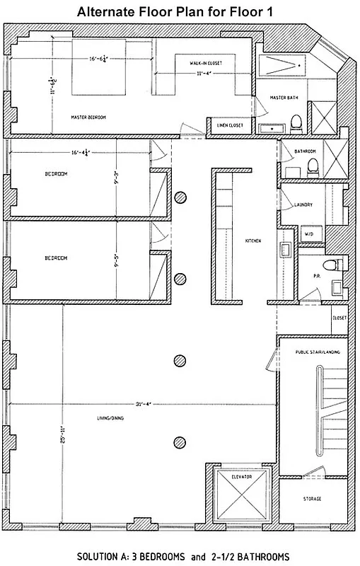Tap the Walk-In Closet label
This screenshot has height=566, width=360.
206,63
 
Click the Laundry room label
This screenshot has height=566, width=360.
303,205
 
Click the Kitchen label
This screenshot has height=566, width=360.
252,241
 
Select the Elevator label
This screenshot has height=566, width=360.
241,477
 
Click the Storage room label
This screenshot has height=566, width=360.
312,499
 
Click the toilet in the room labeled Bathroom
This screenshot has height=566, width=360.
312,167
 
